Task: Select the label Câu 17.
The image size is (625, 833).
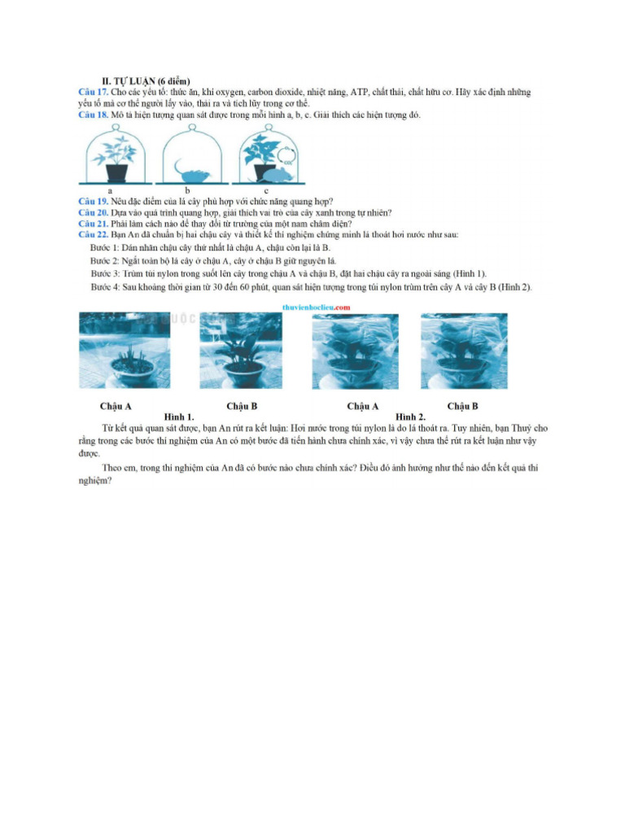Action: coord(93,93)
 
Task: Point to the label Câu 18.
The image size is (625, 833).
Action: coord(93,115)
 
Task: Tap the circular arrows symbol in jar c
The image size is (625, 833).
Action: coord(286,152)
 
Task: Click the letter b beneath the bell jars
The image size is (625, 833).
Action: coord(187,190)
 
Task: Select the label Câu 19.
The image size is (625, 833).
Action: coord(93,201)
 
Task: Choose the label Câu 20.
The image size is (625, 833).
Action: coord(93,212)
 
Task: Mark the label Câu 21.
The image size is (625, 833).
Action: coord(93,223)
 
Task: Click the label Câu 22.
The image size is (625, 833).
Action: coord(93,234)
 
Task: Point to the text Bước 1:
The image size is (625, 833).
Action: coord(105,247)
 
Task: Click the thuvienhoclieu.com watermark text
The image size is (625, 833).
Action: coord(317,307)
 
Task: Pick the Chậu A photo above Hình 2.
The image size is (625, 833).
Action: coord(356,351)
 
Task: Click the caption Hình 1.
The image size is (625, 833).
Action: coord(179,416)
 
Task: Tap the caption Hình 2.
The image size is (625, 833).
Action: coord(411,416)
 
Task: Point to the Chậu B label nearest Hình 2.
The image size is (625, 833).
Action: coord(462,406)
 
